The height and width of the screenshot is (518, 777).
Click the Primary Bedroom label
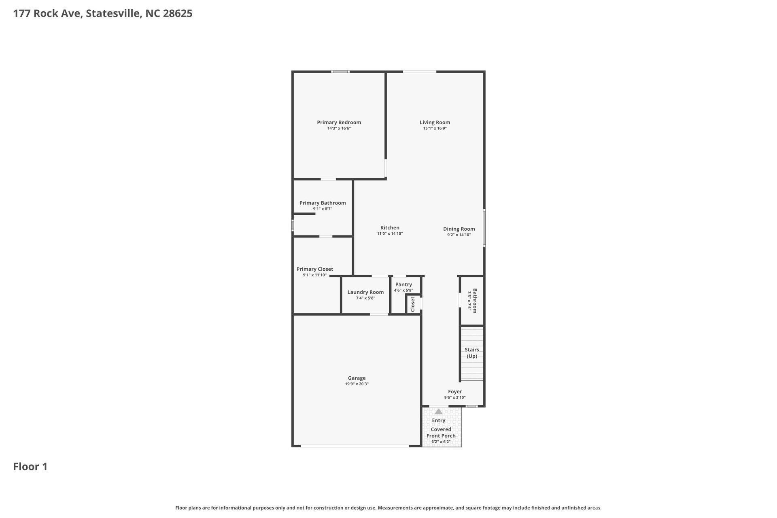pyautogui.click(x=339, y=122)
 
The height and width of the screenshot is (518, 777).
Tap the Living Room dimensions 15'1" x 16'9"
pyautogui.click(x=435, y=128)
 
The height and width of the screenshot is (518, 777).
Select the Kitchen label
pyautogui.click(x=390, y=227)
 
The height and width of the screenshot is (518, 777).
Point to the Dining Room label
pyautogui.click(x=459, y=229)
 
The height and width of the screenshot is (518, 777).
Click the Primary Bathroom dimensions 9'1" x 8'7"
pyautogui.click(x=323, y=209)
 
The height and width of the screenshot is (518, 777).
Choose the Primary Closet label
pyautogui.click(x=314, y=269)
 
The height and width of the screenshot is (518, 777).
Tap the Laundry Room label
pyautogui.click(x=365, y=292)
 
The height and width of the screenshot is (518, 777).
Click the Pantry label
pyautogui.click(x=403, y=284)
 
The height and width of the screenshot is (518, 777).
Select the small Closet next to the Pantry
pyautogui.click(x=413, y=304)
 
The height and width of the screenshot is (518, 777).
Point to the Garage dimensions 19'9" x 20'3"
pyautogui.click(x=357, y=384)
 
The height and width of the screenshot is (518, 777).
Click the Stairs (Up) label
pyautogui.click(x=472, y=353)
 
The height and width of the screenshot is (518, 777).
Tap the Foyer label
pyautogui.click(x=455, y=391)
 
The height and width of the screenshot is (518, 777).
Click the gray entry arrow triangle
pyautogui.click(x=439, y=412)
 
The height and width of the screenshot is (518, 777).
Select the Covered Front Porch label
pyautogui.click(x=441, y=432)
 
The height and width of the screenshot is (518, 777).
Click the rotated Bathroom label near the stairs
pyautogui.click(x=475, y=301)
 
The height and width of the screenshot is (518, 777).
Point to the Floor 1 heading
pyautogui.click(x=30, y=467)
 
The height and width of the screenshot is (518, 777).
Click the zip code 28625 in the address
pyautogui.click(x=178, y=13)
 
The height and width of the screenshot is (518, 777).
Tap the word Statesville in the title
pyautogui.click(x=114, y=13)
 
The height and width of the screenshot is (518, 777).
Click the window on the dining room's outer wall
pyautogui.click(x=484, y=228)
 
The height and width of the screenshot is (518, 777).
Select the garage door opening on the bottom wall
pyautogui.click(x=355, y=446)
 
